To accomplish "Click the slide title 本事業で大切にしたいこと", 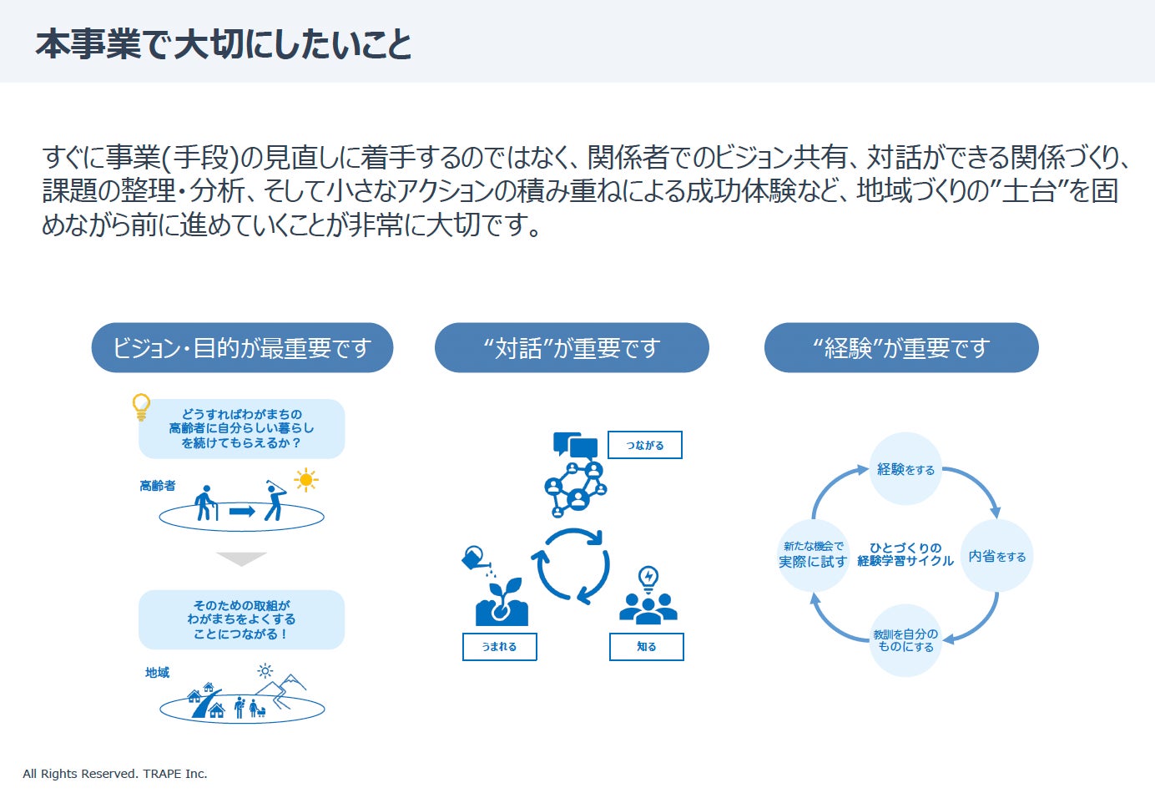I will [x=224, y=44].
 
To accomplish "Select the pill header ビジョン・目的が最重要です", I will [x=242, y=348].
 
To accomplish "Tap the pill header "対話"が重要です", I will [x=572, y=348].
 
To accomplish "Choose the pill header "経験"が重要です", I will [x=901, y=348].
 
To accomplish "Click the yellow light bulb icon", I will [x=142, y=407].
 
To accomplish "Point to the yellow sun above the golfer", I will [x=306, y=480].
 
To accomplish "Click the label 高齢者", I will [x=158, y=486].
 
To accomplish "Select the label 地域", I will [x=157, y=673].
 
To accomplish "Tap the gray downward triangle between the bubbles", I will [x=241, y=558].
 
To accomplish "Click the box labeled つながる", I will [x=645, y=445].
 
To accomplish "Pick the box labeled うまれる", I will [x=499, y=647].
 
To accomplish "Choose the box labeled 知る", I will [x=647, y=647].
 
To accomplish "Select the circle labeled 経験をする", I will [x=905, y=469].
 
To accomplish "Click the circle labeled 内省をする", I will [x=997, y=556].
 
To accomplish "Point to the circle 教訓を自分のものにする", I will [x=905, y=640].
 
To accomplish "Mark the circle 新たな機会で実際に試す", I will [x=813, y=555].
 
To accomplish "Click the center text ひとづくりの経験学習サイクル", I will [x=905, y=555].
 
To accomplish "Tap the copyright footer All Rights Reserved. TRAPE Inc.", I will [x=115, y=774].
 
